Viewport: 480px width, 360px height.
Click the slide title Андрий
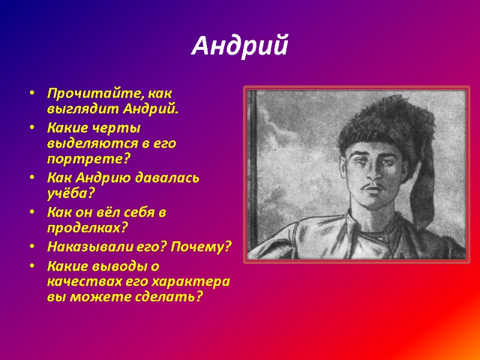(239, 46)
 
